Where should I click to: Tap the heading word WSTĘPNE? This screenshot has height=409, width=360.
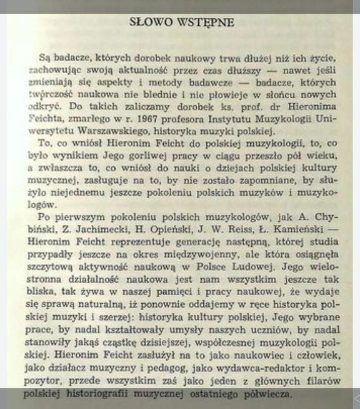204,23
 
